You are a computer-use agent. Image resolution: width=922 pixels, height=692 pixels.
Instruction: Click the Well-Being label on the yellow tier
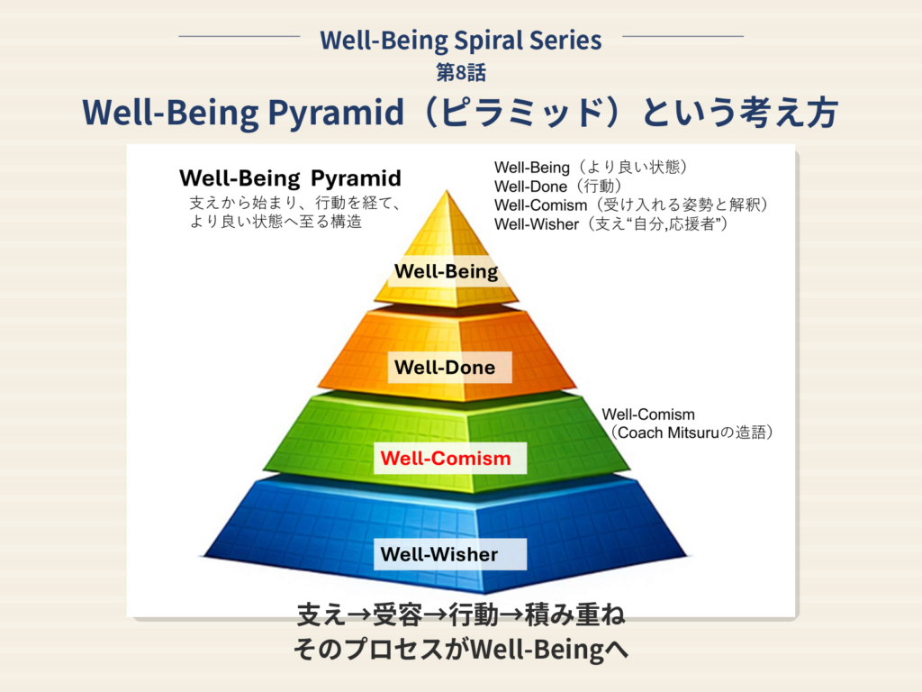(447, 271)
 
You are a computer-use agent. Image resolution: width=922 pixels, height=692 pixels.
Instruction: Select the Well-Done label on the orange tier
(445, 368)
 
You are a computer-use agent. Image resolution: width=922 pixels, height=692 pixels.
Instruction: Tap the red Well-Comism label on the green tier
(446, 458)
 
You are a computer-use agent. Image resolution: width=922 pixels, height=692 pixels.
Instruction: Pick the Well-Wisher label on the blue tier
(439, 554)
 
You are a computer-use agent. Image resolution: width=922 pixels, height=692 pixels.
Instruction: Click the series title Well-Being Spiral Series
(460, 40)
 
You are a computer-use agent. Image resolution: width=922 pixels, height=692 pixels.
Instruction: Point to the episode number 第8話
(461, 72)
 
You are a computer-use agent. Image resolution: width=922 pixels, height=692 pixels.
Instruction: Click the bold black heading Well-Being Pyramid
(291, 178)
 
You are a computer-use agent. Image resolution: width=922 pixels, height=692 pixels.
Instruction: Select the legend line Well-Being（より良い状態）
(591, 167)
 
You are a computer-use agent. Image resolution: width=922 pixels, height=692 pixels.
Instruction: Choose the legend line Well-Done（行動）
(558, 186)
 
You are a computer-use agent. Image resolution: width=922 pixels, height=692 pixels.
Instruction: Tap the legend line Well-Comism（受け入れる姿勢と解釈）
(631, 205)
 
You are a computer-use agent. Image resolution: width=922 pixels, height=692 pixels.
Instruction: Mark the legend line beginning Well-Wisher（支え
(611, 223)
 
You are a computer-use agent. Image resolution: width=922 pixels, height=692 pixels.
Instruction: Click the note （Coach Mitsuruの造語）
(691, 432)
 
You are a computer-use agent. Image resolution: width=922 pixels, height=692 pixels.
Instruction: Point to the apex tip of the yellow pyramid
(447, 190)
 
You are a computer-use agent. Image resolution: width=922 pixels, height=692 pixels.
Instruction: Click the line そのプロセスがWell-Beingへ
(461, 649)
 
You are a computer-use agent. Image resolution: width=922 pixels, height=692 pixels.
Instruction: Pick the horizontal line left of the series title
(240, 36)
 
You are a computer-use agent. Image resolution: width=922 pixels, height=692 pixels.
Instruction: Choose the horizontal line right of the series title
(682, 36)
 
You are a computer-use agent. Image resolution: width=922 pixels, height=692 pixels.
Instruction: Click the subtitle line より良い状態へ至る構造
(276, 222)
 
